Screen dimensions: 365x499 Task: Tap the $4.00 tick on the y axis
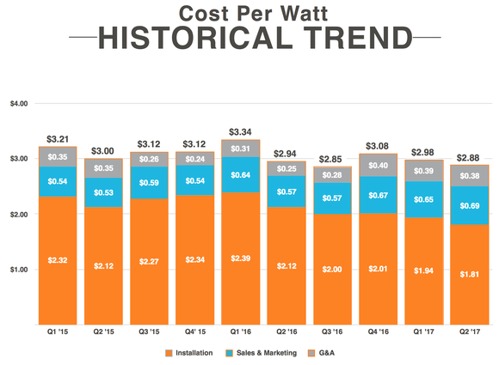(18, 103)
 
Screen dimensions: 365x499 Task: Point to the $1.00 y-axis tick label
(18, 270)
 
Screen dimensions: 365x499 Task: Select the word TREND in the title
(364, 40)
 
